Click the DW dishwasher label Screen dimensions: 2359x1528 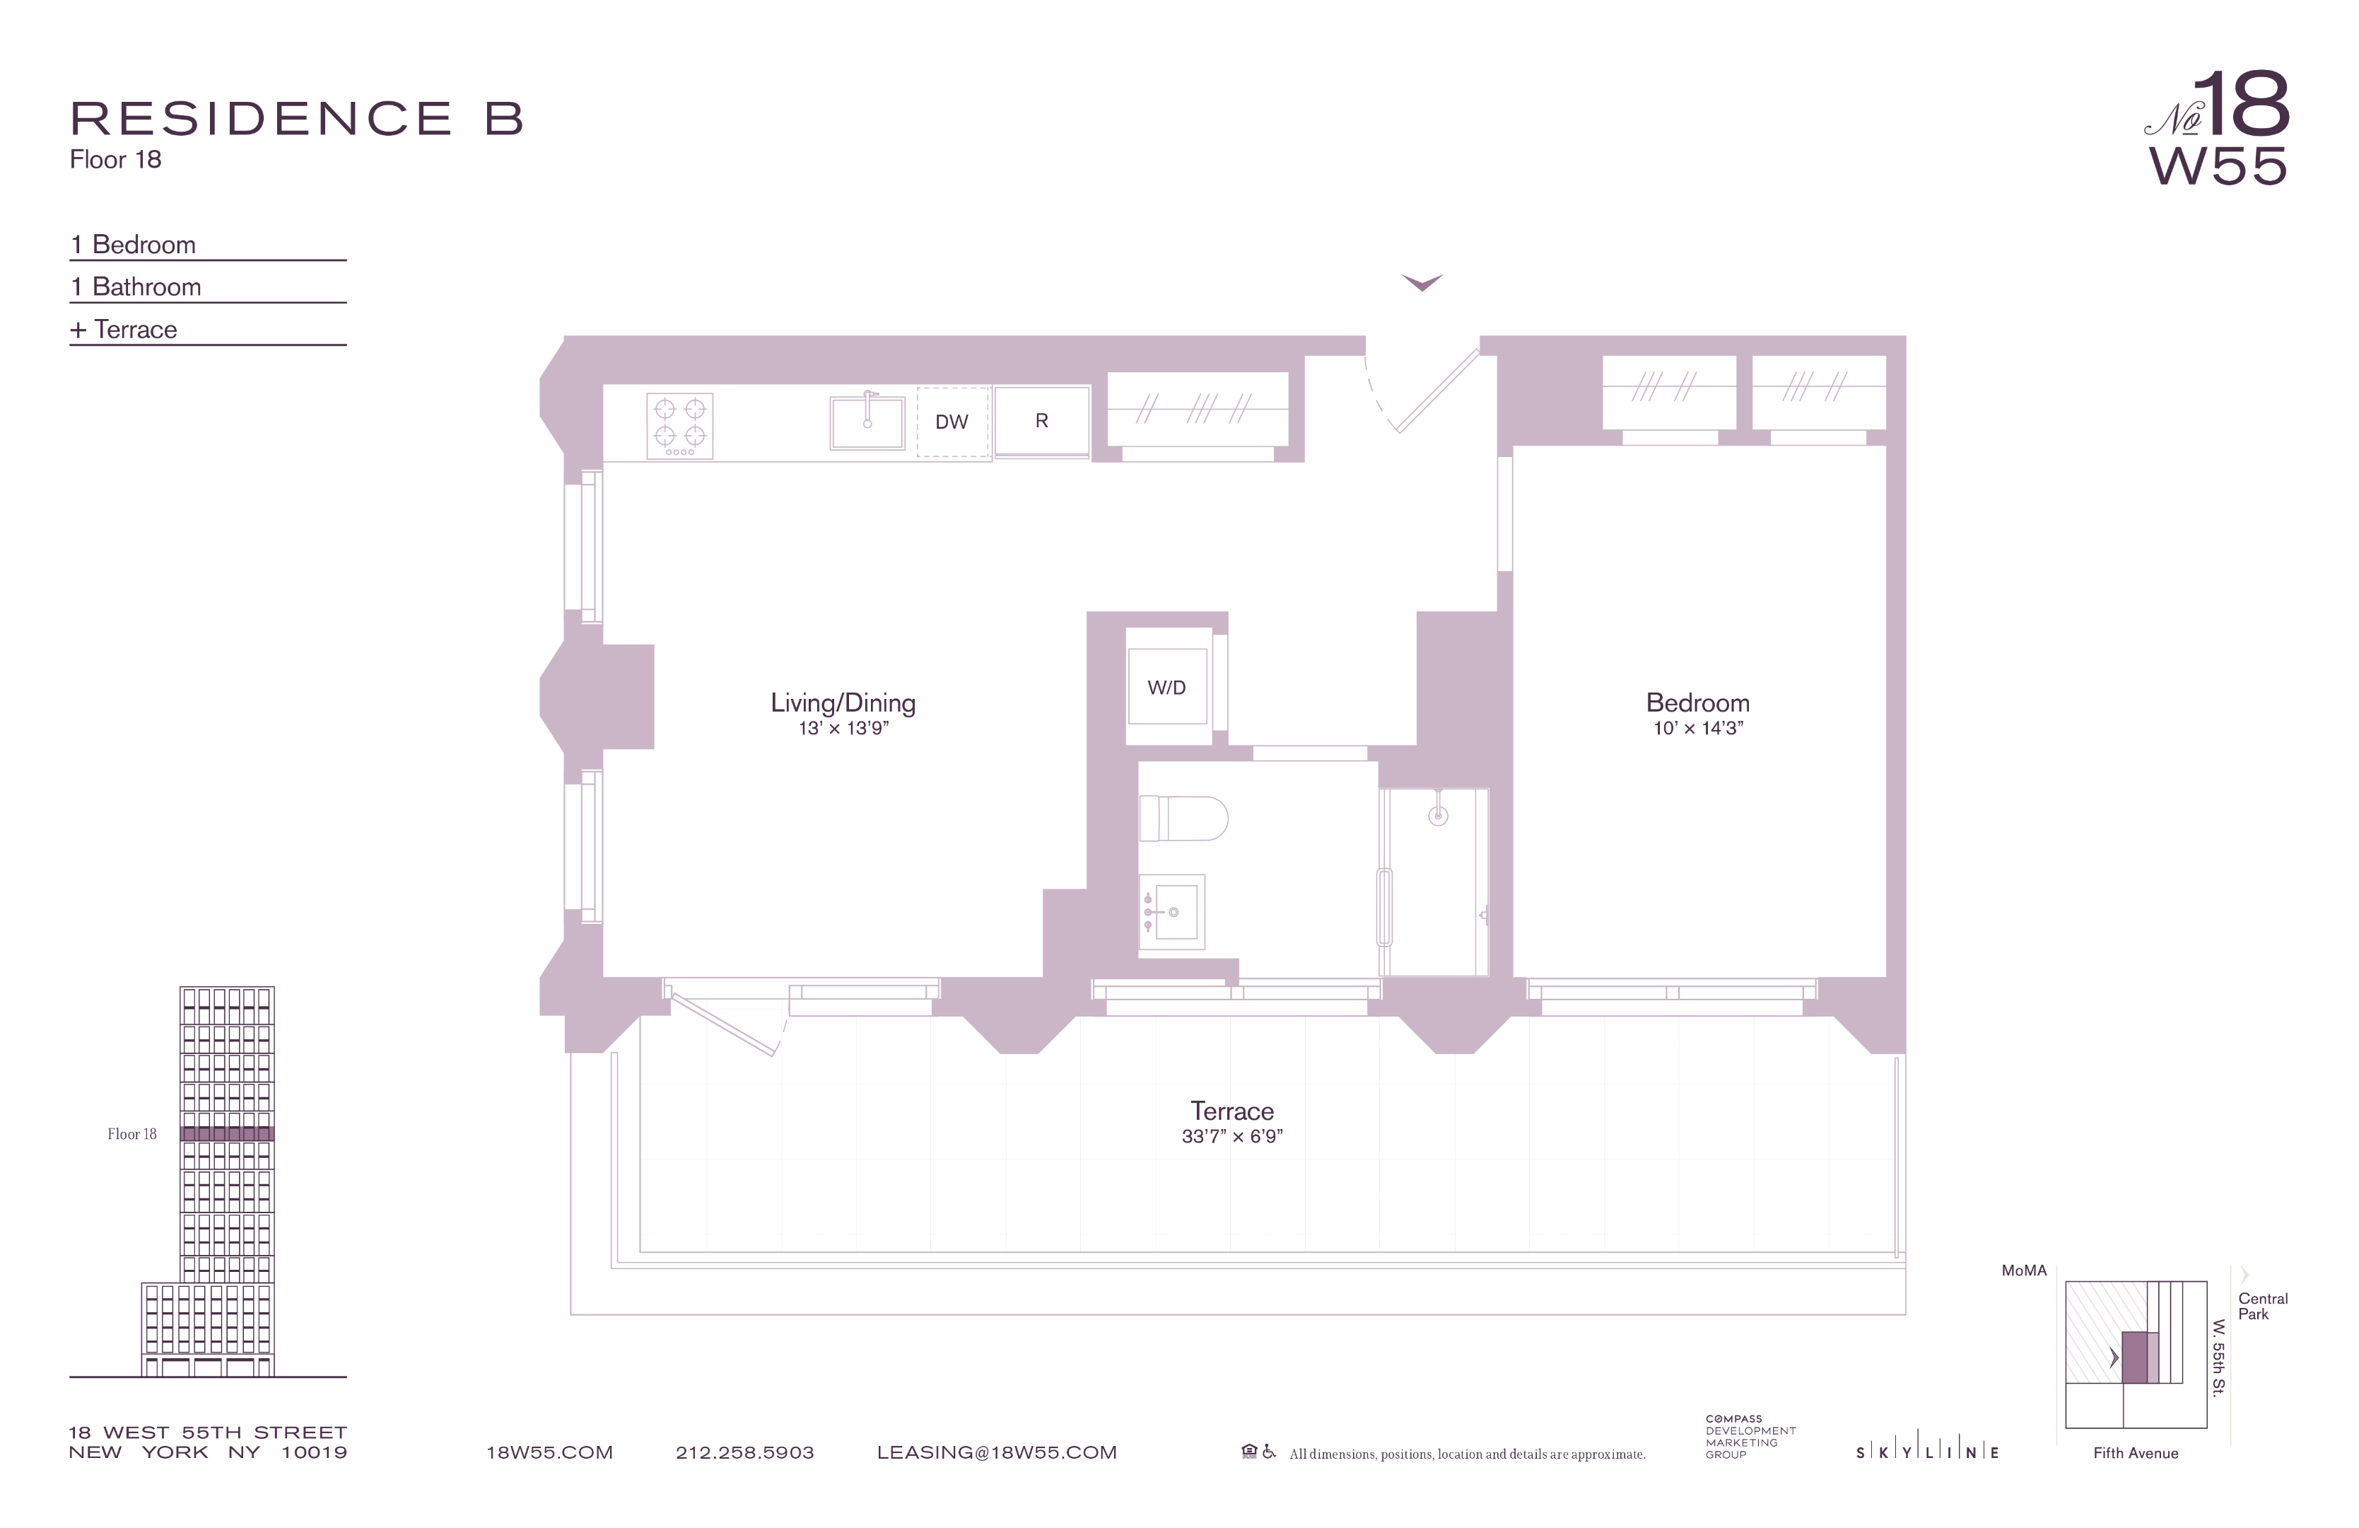952,422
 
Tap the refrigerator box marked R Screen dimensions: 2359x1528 1042,422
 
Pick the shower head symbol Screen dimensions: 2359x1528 1438,813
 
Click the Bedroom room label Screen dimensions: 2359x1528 1698,703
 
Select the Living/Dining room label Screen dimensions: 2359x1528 843,703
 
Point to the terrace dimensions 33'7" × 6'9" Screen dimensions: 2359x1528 1232,1136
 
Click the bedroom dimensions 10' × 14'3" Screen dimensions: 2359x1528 1698,729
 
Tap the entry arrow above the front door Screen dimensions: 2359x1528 1422,282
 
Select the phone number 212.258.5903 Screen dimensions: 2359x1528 744,1452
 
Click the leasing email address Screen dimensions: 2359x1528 997,1452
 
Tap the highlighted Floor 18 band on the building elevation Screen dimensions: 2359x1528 227,1133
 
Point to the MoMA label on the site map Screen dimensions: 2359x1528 2024,1271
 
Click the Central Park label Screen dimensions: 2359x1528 2263,1306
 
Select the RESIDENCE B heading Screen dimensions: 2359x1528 296,118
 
